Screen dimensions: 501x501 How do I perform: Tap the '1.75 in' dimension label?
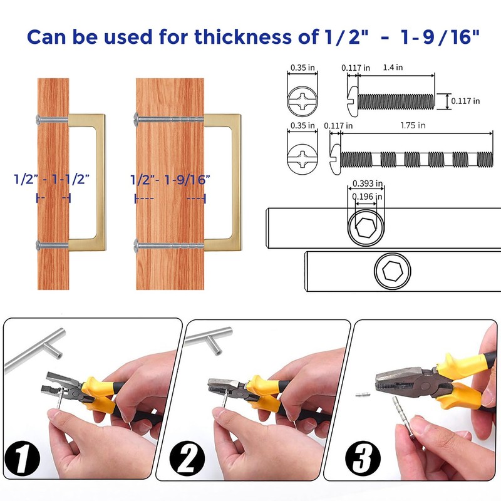413,125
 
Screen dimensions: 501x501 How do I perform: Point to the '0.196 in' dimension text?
366,197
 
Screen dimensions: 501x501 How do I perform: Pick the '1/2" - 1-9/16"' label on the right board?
170,179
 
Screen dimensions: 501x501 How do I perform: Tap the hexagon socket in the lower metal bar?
393,272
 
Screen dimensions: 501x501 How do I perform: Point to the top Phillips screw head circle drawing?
302,100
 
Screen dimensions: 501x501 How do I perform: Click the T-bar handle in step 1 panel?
38,348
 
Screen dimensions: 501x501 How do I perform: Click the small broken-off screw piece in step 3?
359,395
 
